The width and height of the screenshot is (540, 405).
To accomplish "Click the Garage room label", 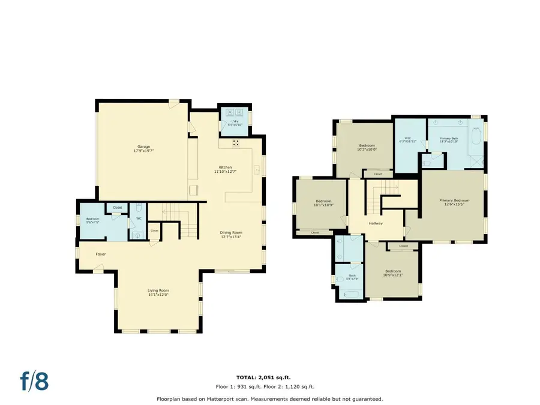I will point(142,147).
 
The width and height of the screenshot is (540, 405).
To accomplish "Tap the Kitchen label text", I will point(225,167).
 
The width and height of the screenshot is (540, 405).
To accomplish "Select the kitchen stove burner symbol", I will point(235,143).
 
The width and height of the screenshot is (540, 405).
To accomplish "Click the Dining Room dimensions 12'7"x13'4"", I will point(230,236).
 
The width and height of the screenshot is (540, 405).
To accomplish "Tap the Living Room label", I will point(158,290).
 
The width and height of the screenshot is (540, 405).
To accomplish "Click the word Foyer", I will point(101,254).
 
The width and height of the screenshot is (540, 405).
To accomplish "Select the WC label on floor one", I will point(139,218).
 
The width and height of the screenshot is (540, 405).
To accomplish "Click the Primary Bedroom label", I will point(454,200).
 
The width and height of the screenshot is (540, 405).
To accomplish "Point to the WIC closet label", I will point(407,139).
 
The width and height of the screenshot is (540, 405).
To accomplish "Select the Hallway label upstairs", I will point(376,224).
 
